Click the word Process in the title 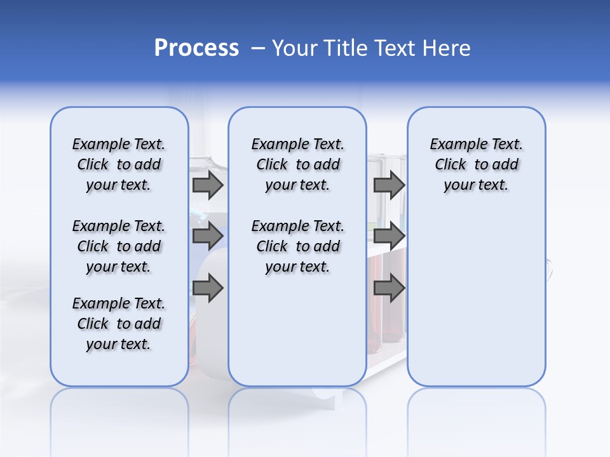click(x=196, y=48)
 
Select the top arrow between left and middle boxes click(x=208, y=185)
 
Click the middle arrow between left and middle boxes click(x=208, y=236)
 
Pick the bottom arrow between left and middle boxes click(x=208, y=288)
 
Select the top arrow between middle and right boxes click(x=389, y=185)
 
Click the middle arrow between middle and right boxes click(x=389, y=236)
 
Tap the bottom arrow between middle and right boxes click(x=389, y=288)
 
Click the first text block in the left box click(x=119, y=164)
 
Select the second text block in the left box click(x=119, y=246)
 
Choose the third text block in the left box click(x=119, y=324)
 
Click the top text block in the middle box click(x=297, y=164)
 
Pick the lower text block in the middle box click(x=297, y=246)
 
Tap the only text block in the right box click(x=476, y=164)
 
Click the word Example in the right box click(x=454, y=145)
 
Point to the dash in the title click(x=258, y=48)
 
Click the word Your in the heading click(x=294, y=48)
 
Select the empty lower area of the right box click(x=476, y=298)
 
